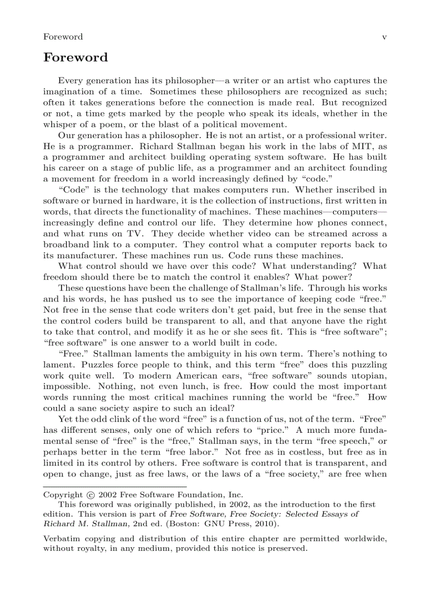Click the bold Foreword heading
[x=75, y=57]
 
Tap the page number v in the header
[x=384, y=37]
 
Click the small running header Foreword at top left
[x=63, y=37]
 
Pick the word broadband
[x=65, y=245]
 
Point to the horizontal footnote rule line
[x=115, y=486]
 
